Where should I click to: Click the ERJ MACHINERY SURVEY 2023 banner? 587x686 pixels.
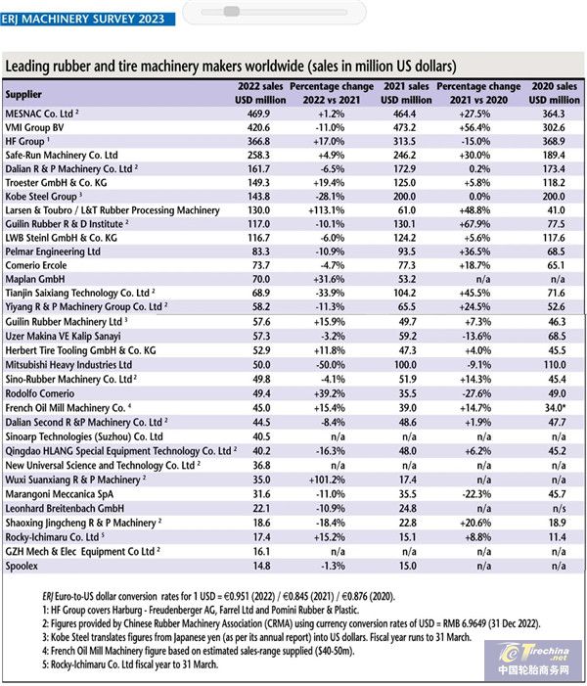[x=87, y=20]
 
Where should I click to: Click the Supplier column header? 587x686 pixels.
[x=23, y=95]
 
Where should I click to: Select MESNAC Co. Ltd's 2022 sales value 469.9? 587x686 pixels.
[x=258, y=114]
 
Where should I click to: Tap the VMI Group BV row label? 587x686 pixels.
[x=34, y=128]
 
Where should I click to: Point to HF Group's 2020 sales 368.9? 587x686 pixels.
[x=554, y=141]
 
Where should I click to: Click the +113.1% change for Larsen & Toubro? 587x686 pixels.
[x=327, y=210]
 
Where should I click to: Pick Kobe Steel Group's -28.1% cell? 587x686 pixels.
[x=330, y=197]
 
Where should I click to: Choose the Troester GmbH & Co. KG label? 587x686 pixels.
[x=56, y=183]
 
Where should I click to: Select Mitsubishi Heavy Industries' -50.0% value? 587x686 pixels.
[x=331, y=365]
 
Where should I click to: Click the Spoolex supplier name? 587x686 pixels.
[x=22, y=567]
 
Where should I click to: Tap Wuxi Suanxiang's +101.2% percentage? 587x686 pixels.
[x=327, y=480]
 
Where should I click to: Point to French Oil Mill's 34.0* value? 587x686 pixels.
[x=555, y=408]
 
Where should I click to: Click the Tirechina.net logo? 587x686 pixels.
[x=533, y=660]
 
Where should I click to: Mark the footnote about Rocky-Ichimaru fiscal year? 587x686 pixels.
[x=130, y=664]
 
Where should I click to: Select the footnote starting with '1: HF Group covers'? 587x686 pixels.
[x=201, y=610]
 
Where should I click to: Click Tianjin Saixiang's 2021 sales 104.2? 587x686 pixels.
[x=404, y=293]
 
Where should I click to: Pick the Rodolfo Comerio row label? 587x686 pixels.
[x=40, y=393]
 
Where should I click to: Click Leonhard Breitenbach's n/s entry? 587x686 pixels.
[x=559, y=508]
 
